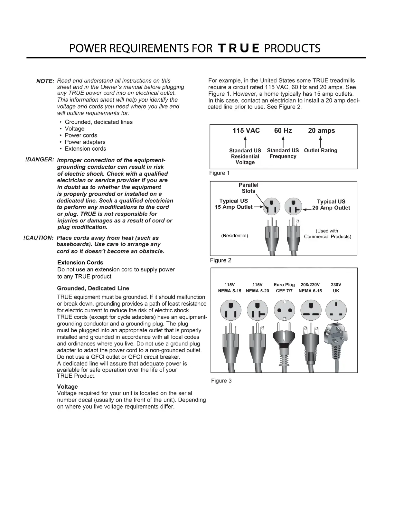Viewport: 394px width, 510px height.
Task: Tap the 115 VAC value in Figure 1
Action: point(246,130)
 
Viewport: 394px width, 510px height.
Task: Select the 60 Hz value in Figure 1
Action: point(283,130)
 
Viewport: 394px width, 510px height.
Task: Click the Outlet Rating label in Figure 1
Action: point(321,150)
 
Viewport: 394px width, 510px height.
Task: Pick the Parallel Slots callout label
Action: point(249,188)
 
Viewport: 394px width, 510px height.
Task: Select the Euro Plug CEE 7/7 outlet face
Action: point(285,310)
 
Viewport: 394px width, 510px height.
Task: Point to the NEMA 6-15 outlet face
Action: point(310,310)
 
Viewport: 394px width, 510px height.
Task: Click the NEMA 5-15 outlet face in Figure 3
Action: point(230,310)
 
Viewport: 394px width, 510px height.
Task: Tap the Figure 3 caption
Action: point(221,381)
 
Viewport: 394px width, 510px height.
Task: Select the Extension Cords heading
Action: point(80,262)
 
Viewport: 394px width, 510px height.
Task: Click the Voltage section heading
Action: point(67,386)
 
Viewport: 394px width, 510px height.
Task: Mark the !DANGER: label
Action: point(39,160)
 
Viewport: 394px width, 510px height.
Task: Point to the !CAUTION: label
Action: point(38,238)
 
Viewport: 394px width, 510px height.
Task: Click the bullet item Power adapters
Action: point(85,142)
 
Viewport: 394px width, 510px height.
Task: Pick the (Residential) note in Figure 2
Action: point(234,236)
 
